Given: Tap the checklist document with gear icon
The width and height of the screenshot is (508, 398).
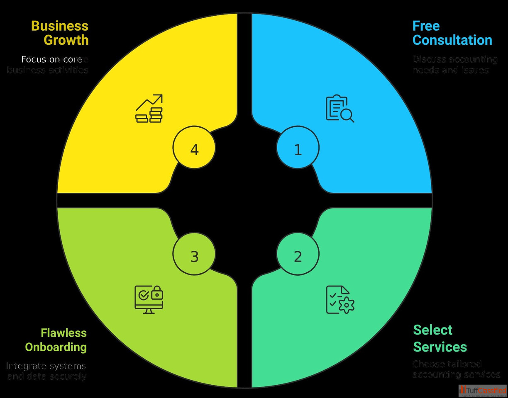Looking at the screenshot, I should tap(339, 299).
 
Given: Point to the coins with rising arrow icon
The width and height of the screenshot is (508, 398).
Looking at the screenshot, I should tap(149, 109).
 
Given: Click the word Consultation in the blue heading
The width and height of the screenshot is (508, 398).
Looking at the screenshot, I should tap(452, 40).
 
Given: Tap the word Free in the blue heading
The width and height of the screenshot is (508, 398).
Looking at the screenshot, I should tap(426, 26).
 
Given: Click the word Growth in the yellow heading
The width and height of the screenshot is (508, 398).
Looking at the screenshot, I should tap(66, 40).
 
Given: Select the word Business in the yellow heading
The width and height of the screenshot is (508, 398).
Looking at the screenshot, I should tap(60, 26).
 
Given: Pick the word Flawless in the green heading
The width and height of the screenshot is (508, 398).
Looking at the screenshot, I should tap(64, 332).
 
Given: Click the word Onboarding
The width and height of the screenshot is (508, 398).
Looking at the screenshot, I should tap(56, 347).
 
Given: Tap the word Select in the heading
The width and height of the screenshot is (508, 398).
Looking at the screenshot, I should tap(432, 330).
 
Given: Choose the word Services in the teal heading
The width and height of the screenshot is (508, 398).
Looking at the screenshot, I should tap(440, 347).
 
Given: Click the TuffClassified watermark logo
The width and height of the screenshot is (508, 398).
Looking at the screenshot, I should tap(483, 391).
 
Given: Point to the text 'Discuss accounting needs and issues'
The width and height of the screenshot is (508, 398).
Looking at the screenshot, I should tap(455, 65).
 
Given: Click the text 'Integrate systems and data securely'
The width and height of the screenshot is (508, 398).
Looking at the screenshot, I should tap(46, 371).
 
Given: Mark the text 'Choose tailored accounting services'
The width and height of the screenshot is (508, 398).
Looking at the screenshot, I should tap(456, 369).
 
